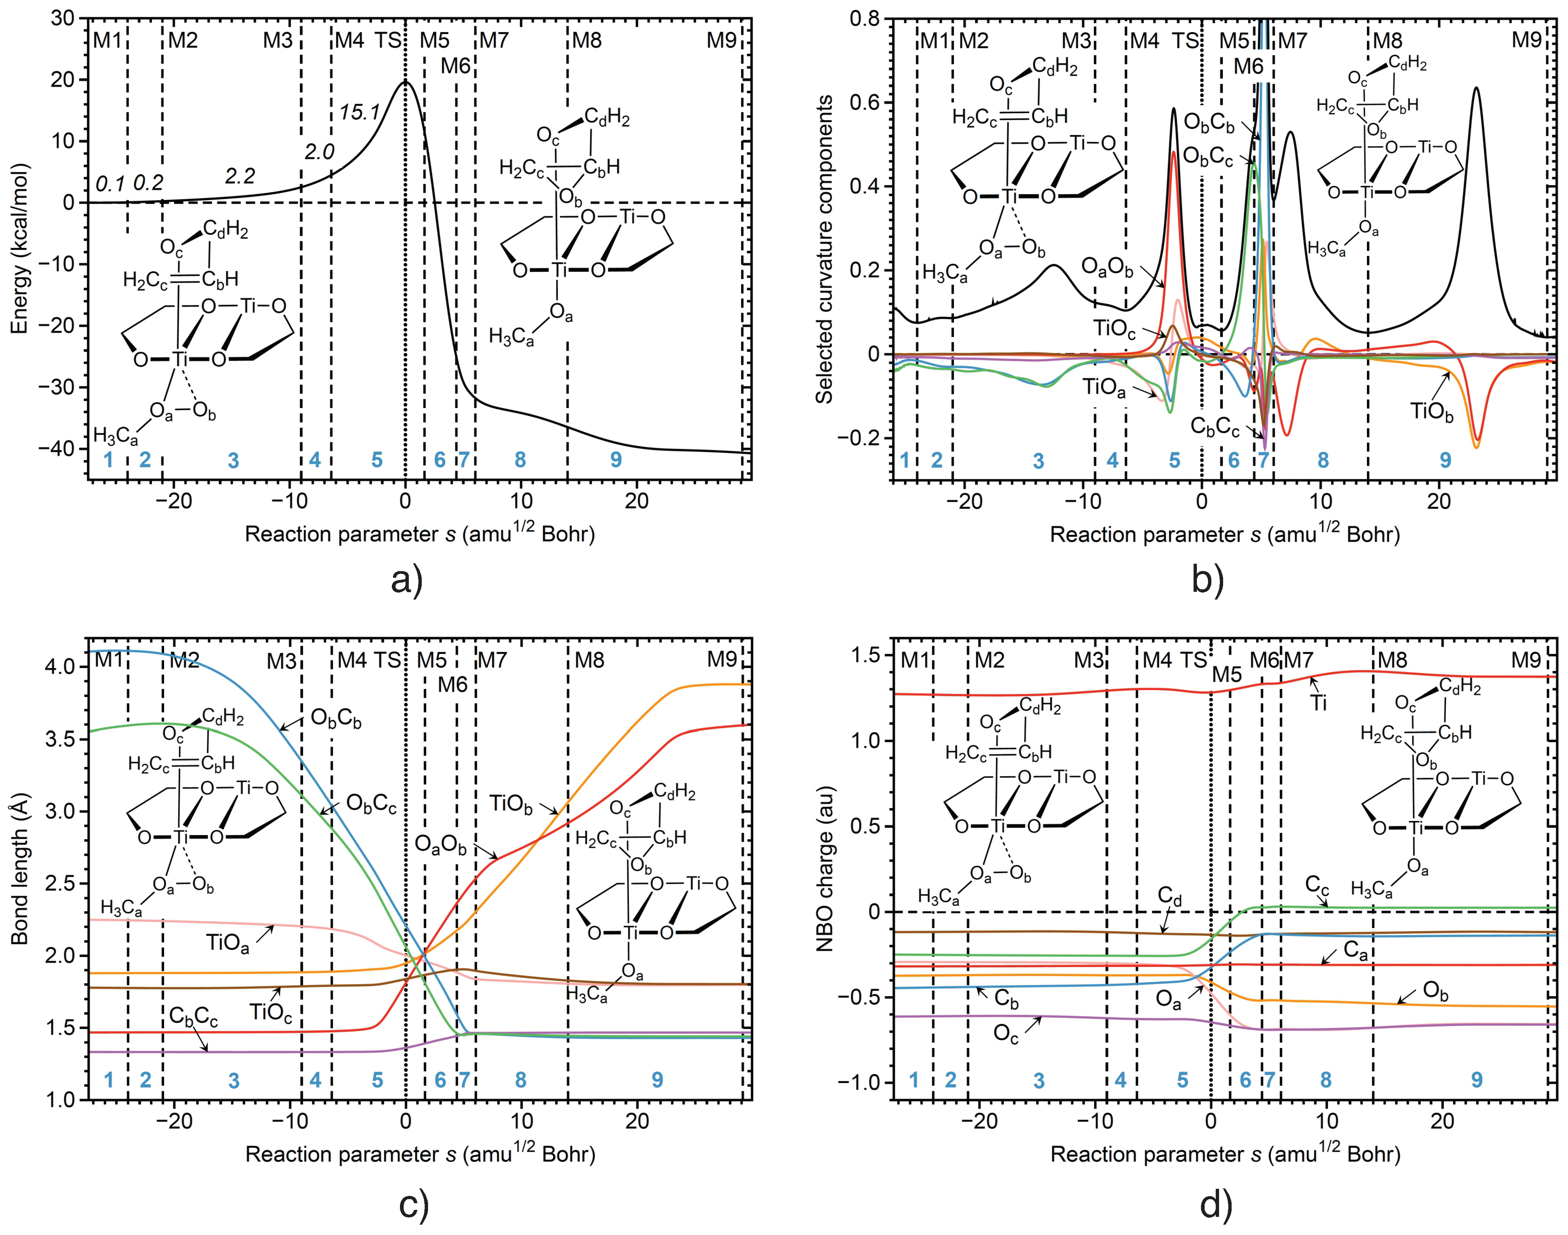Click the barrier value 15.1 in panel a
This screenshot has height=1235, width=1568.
coord(359,112)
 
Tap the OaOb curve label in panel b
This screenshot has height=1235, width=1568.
coord(1107,267)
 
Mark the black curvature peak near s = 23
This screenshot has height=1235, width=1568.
coord(1476,88)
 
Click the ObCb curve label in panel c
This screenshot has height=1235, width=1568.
coord(336,719)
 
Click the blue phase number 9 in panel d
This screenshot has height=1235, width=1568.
coord(1477,1080)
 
